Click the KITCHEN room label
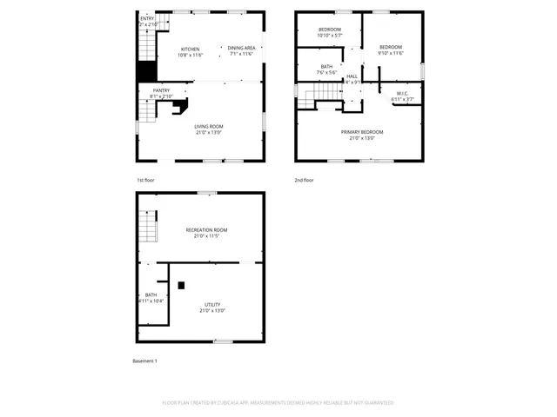(x=191, y=49)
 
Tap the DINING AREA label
(x=242, y=49)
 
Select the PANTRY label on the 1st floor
(x=161, y=90)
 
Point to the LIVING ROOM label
(x=208, y=127)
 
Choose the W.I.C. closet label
(x=402, y=93)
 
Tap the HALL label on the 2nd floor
(x=352, y=76)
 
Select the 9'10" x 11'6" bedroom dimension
(x=391, y=53)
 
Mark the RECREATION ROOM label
(x=200, y=229)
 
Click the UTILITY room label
(x=212, y=304)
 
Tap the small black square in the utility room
(x=181, y=285)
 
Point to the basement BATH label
(x=151, y=295)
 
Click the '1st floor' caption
(x=145, y=180)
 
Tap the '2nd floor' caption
(x=304, y=180)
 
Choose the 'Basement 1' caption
(x=144, y=361)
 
